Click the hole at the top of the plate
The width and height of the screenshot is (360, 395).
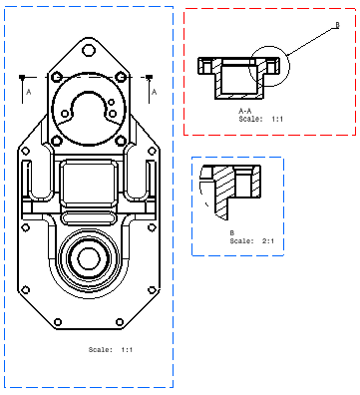point(89,50)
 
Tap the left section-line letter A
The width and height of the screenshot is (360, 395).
point(29,92)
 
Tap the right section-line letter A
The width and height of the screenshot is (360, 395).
point(154,92)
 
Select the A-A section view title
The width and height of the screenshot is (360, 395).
point(245,111)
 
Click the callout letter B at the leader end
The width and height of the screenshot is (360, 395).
point(337,25)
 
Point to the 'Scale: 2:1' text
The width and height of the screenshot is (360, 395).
point(252,240)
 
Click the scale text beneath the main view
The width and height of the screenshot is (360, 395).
point(111,349)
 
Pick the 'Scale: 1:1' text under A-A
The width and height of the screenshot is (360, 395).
point(261,119)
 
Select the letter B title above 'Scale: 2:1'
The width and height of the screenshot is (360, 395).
point(232,232)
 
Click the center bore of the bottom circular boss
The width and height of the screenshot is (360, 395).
point(89,258)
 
